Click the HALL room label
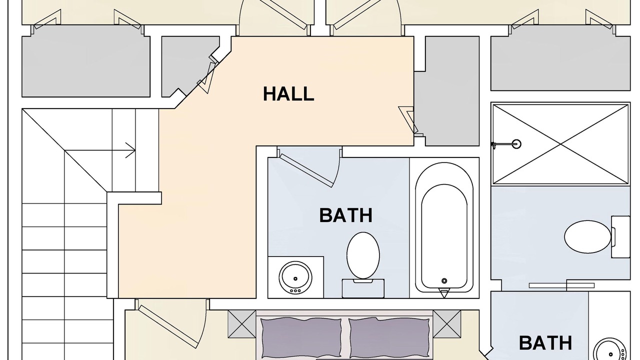tap(288, 93)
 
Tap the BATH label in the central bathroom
tap(345, 215)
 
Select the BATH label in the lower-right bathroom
tap(545, 343)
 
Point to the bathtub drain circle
tap(444, 281)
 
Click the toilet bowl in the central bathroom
tap(363, 255)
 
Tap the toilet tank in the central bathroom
tap(363, 288)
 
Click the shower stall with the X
tap(560, 144)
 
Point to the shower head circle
tap(516, 143)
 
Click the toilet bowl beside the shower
tap(587, 236)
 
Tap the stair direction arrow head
tap(131, 150)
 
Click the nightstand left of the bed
tap(241, 324)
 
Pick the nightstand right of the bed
tap(447, 324)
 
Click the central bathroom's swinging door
tap(307, 171)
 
